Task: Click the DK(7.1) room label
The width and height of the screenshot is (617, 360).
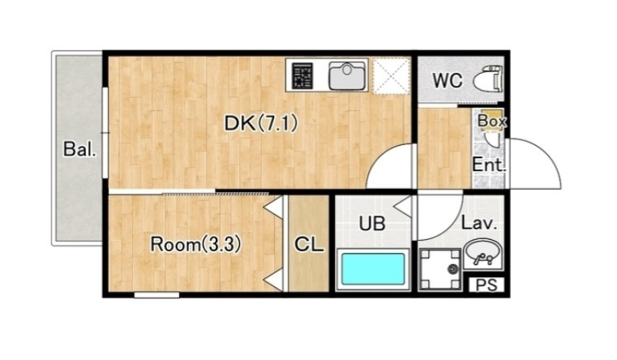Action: point(261,123)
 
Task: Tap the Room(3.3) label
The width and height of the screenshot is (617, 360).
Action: point(195,245)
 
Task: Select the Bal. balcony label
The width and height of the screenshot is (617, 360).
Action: point(80,149)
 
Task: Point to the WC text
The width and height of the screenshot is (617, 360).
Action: point(448,80)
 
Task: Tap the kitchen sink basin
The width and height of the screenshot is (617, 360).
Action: point(347,75)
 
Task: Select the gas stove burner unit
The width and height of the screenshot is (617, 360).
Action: point(302,75)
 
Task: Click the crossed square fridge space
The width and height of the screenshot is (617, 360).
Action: point(391,76)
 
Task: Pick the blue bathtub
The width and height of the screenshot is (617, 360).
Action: point(373,269)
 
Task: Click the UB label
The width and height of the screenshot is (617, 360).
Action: point(372,224)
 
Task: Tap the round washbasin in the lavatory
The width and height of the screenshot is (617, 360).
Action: point(483,254)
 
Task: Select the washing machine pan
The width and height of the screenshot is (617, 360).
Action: point(440,270)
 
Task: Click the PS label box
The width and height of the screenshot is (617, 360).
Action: point(486,285)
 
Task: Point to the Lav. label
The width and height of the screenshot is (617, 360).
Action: point(479,223)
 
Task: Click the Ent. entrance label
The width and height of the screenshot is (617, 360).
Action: point(488,164)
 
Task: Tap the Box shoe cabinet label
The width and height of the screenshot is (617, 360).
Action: point(492,121)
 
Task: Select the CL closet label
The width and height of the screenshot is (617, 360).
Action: point(309,244)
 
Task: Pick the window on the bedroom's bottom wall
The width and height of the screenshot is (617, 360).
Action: point(156,294)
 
